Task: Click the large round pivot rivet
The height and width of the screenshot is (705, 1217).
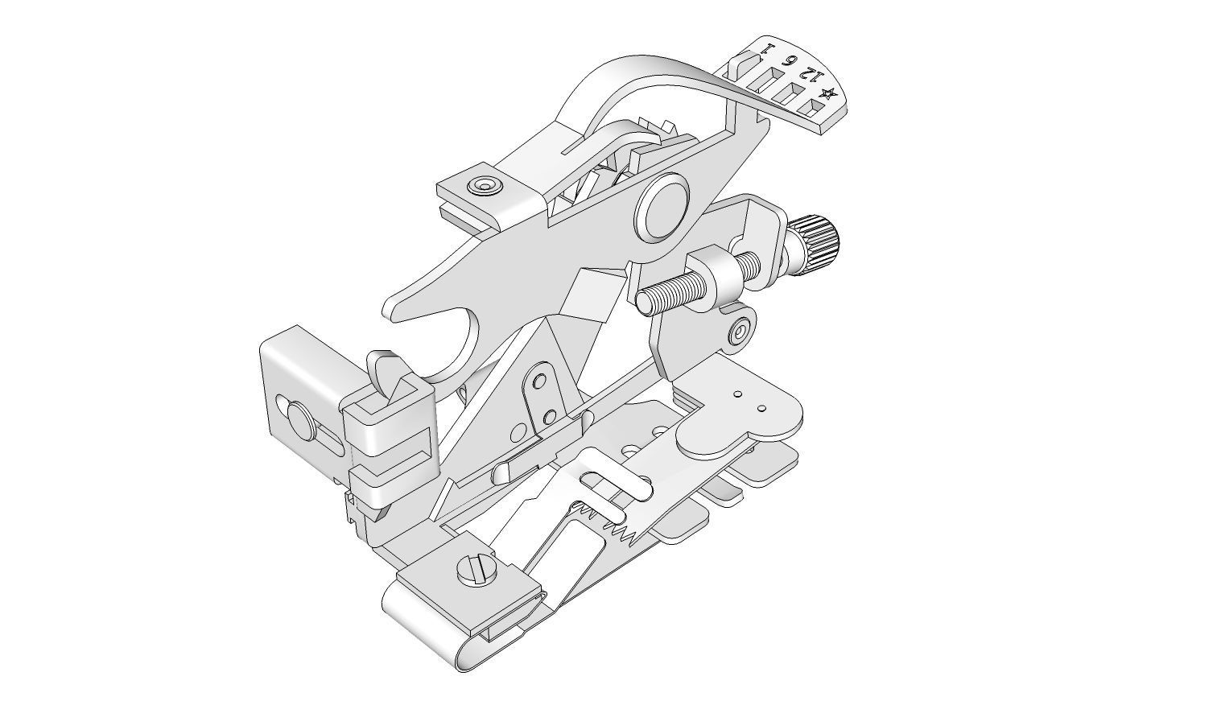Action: point(662,210)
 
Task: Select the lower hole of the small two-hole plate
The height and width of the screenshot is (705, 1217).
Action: point(550,416)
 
